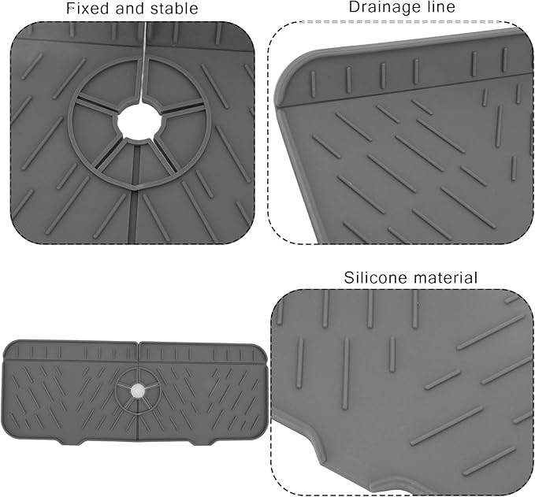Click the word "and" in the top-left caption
[x=130, y=9]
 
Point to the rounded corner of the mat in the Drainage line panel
[x=290, y=70]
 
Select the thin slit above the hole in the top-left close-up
[x=143, y=61]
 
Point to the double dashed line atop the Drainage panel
[x=401, y=21]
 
